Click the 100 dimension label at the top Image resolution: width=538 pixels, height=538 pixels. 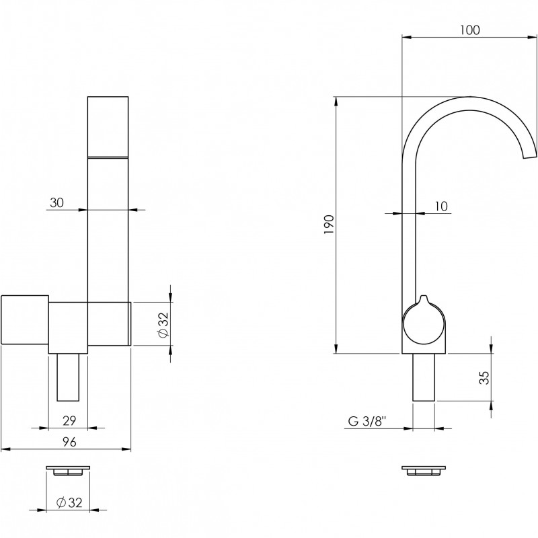click(469, 30)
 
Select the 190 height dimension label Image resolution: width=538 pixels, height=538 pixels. click(329, 225)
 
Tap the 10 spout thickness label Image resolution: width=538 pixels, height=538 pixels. click(441, 206)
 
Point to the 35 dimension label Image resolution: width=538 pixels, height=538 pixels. click(484, 377)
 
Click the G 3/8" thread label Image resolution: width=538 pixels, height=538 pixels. click(367, 421)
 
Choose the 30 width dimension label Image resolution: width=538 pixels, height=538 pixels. click(57, 203)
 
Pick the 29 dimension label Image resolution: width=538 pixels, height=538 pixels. click(69, 421)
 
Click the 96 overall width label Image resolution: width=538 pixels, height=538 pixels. click(69, 442)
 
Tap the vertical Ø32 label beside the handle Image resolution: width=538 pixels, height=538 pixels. click(163, 325)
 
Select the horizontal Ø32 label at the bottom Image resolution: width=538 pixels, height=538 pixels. click(69, 502)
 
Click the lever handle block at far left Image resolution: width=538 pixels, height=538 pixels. click(25, 319)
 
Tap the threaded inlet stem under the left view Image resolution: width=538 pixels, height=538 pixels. click(68, 377)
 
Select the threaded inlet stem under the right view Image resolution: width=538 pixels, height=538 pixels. click(424, 377)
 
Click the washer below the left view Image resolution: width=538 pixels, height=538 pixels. click(68, 471)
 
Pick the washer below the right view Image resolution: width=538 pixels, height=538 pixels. click(424, 471)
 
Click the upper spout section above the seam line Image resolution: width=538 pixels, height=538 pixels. click(108, 126)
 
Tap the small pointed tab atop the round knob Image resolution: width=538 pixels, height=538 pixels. click(424, 299)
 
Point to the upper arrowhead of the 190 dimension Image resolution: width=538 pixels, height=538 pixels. click(336, 102)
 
